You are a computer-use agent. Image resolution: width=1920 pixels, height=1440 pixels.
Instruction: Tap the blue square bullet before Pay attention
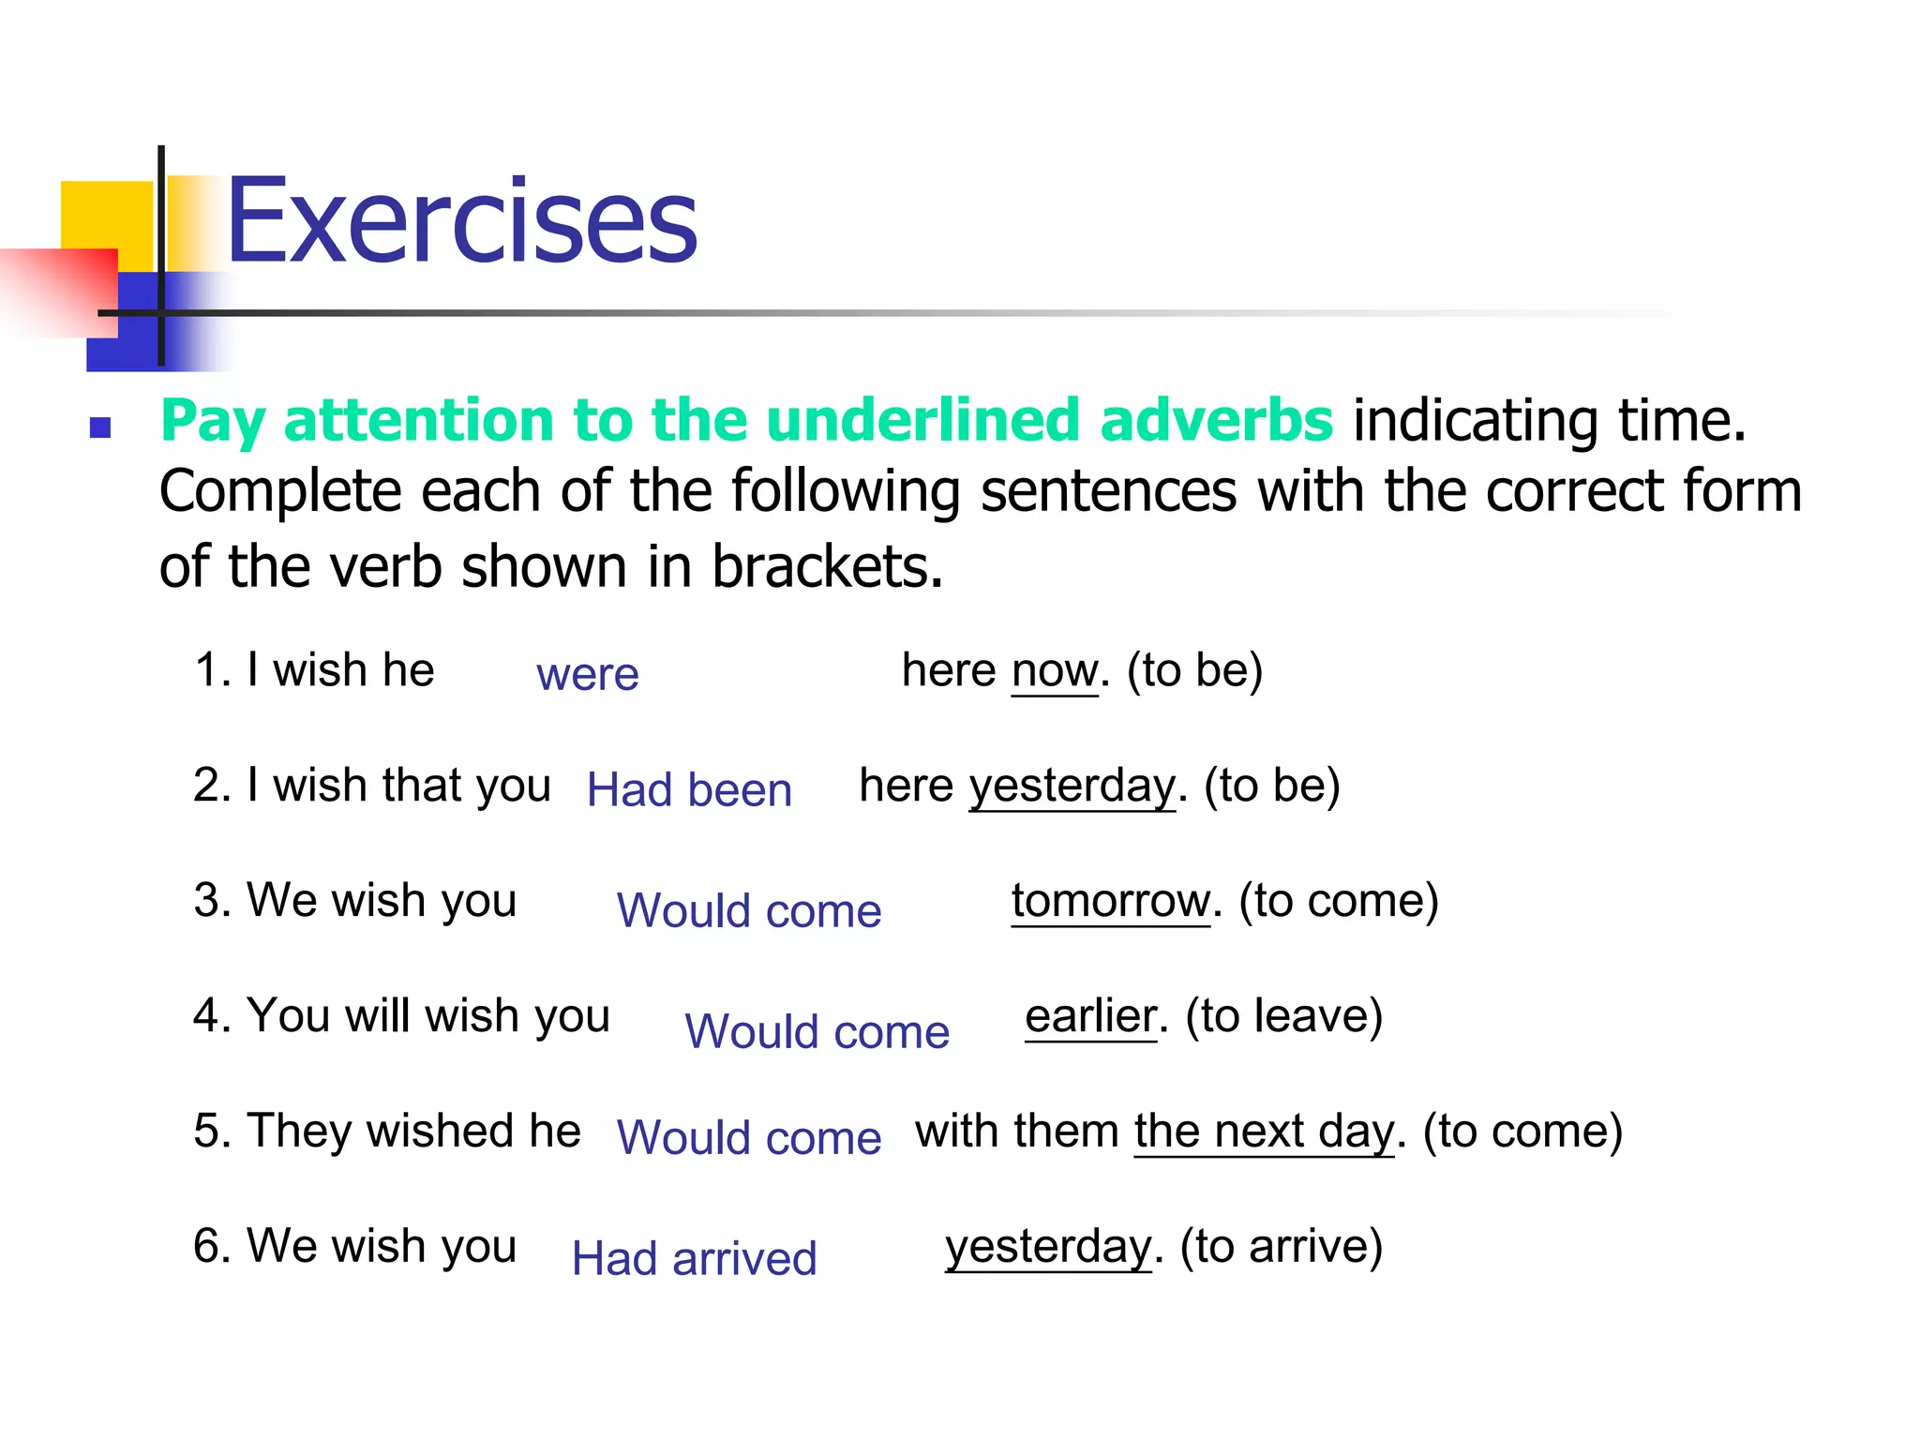(x=100, y=428)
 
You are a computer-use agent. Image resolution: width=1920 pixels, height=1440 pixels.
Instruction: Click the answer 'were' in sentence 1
(x=587, y=674)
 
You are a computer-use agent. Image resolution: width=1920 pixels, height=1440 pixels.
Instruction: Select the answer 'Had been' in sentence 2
(x=689, y=789)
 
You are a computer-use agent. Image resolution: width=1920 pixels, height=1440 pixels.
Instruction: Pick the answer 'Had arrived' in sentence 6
(x=694, y=1258)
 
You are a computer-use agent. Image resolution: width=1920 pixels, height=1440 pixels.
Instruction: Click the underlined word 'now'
(x=1055, y=671)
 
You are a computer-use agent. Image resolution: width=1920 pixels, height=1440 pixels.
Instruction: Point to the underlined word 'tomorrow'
(x=1111, y=901)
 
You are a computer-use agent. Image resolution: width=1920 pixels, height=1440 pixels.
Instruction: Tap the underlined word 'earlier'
(x=1091, y=1016)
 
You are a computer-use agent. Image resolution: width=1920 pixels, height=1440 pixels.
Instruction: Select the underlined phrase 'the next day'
(x=1265, y=1132)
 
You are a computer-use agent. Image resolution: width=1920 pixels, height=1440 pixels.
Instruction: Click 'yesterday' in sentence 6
(x=1048, y=1247)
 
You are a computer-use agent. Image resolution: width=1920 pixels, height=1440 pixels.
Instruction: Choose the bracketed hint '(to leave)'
(x=1284, y=1016)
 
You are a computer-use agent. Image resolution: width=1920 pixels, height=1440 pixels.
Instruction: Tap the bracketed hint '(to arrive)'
(x=1282, y=1247)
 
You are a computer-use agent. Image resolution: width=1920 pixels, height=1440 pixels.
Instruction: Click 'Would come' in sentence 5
(x=749, y=1138)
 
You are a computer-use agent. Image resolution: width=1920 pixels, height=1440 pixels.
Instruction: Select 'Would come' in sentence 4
(x=817, y=1032)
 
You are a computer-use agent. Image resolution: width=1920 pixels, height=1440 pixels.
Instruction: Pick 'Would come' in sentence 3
(x=749, y=911)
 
